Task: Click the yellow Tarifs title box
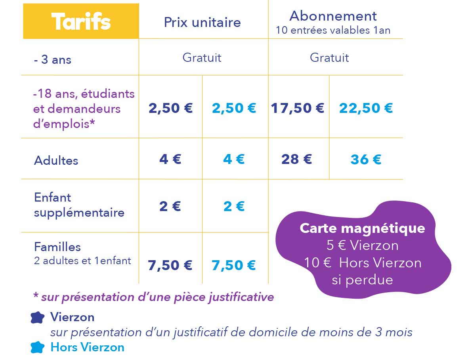81,21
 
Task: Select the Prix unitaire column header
202,22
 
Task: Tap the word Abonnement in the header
333,16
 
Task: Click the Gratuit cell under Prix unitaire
202,57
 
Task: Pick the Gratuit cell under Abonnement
329,57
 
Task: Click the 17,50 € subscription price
297,108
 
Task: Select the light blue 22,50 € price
366,108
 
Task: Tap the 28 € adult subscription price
297,159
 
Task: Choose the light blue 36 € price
366,159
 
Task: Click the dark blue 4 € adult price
170,159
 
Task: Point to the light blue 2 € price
234,206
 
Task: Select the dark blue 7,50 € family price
170,265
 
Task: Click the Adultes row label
56,160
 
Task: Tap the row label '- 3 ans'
53,60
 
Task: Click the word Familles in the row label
57,247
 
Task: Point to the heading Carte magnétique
362,228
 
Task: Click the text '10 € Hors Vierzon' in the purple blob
363,263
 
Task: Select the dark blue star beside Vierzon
38,317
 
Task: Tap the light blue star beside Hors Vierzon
38,347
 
